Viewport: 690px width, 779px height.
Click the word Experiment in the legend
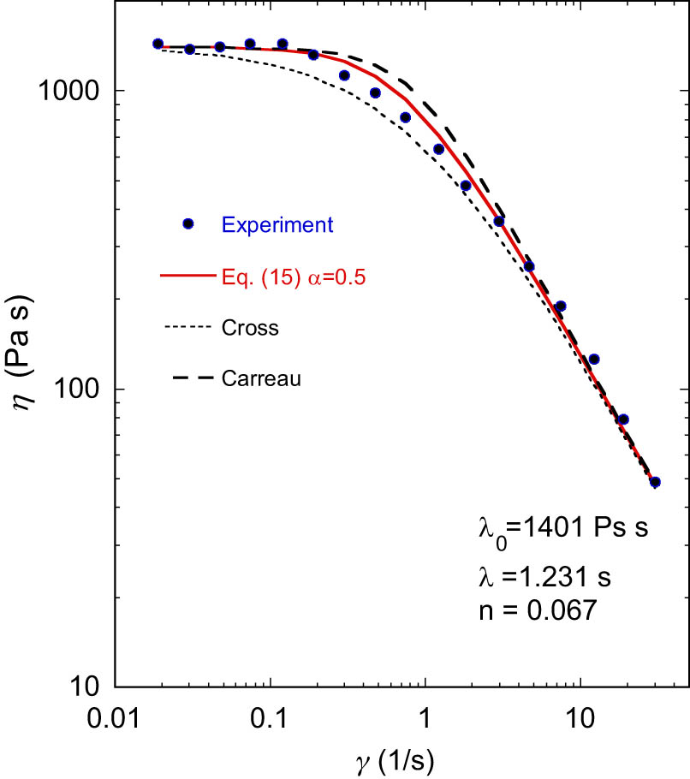coord(277,225)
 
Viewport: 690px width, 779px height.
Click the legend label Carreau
coord(260,378)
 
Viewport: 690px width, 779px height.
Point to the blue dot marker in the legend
coord(188,224)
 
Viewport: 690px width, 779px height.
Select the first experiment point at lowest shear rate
coord(158,44)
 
